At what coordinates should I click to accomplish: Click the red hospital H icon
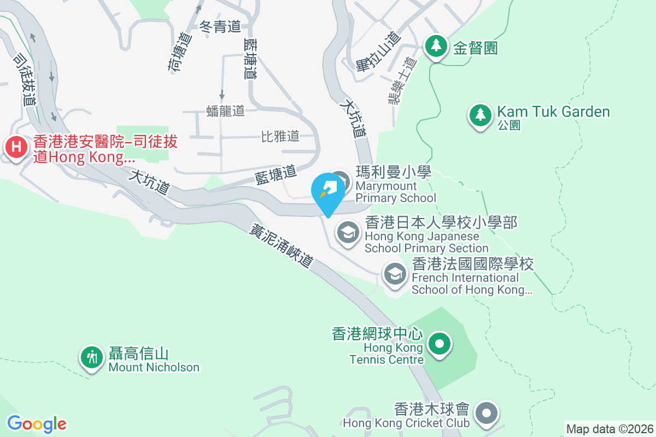pyautogui.click(x=17, y=147)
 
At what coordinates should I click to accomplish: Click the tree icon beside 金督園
pyautogui.click(x=436, y=46)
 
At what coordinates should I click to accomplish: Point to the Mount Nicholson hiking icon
pyautogui.click(x=92, y=357)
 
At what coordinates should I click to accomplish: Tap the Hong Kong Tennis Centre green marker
pyautogui.click(x=440, y=344)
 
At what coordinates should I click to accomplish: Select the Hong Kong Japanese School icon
pyautogui.click(x=348, y=233)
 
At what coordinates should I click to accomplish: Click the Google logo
pyautogui.click(x=37, y=424)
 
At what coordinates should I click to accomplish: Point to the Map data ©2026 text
pyautogui.click(x=609, y=429)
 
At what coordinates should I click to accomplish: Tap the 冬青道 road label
pyautogui.click(x=221, y=26)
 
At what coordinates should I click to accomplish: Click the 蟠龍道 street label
pyautogui.click(x=226, y=111)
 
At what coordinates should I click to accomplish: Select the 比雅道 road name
pyautogui.click(x=280, y=136)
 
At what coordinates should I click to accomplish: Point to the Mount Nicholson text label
pyautogui.click(x=154, y=367)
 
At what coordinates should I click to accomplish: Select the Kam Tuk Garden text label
pyautogui.click(x=553, y=112)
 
